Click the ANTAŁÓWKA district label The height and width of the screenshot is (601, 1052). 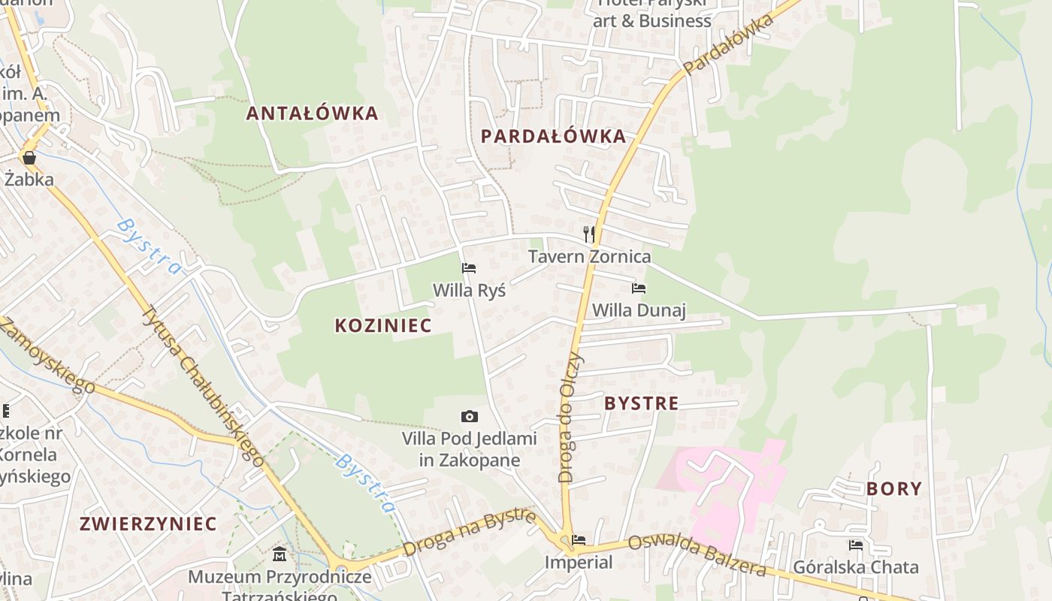(312, 113)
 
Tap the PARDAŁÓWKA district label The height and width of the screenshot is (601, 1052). (552, 136)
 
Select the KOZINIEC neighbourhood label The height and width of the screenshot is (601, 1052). (383, 325)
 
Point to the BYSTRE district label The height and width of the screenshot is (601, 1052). (641, 403)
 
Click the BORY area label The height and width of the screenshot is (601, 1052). (893, 489)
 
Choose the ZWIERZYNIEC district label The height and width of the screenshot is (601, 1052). (148, 524)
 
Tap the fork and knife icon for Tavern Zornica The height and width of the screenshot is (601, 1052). (589, 234)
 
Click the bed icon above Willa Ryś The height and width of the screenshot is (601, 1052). (469, 268)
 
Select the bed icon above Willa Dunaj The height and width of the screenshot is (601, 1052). (639, 288)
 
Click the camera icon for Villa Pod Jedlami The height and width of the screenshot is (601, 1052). (469, 416)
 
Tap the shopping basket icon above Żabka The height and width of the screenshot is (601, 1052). (29, 158)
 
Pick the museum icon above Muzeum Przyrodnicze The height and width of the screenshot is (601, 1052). (280, 554)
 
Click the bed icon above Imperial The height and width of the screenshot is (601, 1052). (579, 539)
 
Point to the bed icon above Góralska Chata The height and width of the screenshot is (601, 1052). (856, 545)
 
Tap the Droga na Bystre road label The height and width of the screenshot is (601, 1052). (469, 533)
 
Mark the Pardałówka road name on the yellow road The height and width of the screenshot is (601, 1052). (728, 44)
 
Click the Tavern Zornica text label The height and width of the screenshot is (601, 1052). (589, 257)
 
